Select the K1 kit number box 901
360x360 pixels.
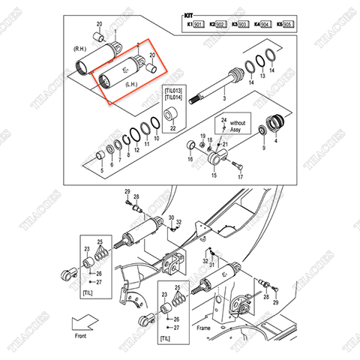point(199,25)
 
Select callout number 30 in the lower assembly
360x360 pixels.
point(172,216)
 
